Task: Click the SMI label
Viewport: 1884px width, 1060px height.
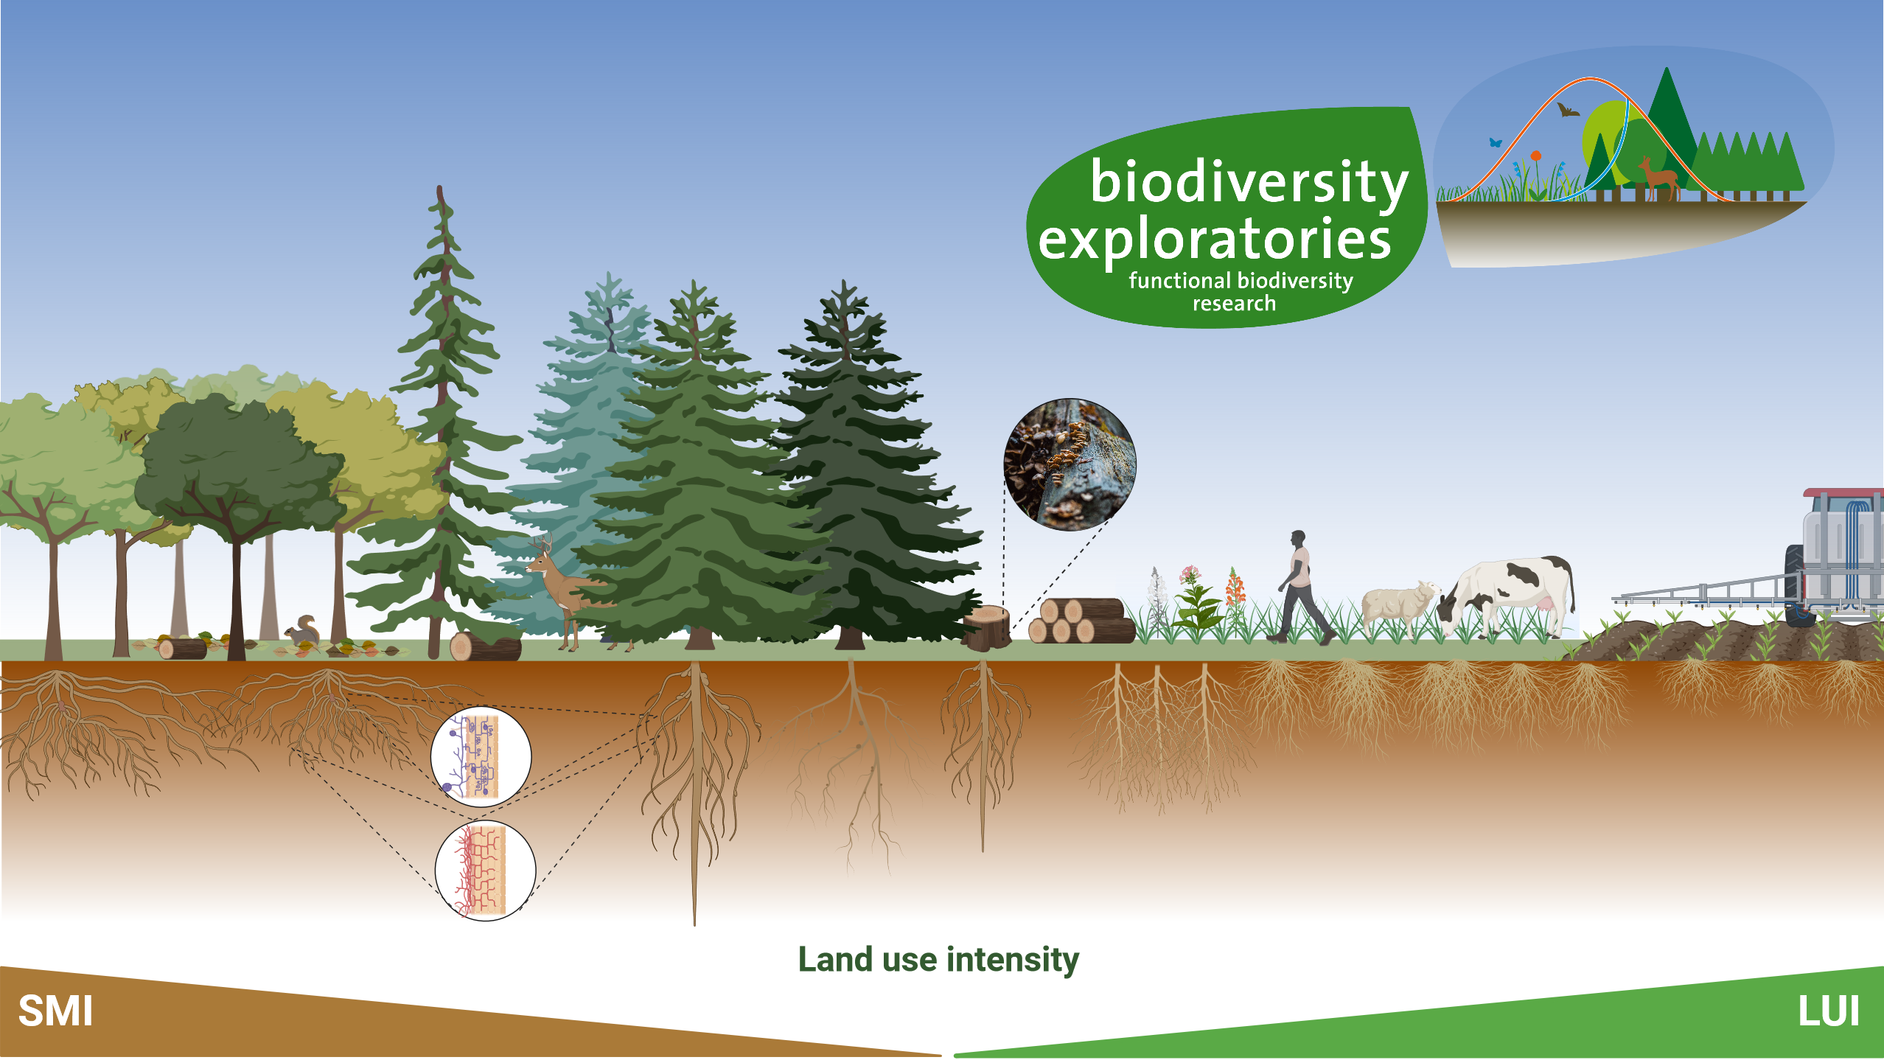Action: (x=55, y=1011)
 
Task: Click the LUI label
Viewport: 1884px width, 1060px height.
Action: (x=1828, y=1011)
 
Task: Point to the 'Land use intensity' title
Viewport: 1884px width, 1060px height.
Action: (x=938, y=960)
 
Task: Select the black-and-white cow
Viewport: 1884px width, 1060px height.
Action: (x=1507, y=593)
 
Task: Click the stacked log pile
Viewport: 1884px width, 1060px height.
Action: (x=1080, y=621)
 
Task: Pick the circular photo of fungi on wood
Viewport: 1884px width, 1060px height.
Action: (x=1070, y=464)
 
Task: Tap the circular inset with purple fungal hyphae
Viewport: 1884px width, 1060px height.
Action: (x=481, y=757)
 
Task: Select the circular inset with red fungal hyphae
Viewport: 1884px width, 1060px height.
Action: (x=484, y=871)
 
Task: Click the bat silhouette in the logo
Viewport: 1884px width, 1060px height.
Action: (x=1566, y=111)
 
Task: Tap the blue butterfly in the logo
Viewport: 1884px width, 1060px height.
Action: (x=1495, y=142)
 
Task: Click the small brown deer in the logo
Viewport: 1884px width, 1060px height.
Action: (x=1658, y=179)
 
